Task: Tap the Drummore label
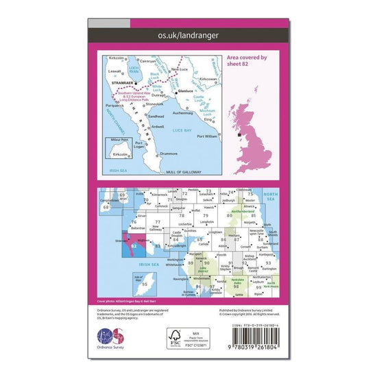(167, 154)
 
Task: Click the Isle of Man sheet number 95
(145, 283)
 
